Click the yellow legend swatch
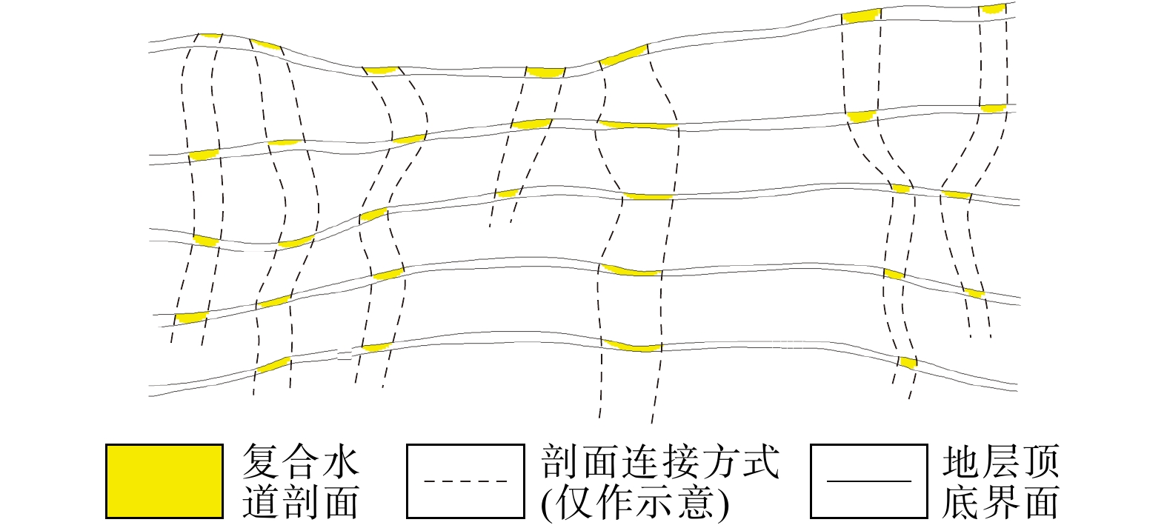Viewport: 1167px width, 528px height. (164, 481)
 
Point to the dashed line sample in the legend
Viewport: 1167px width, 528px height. (466, 481)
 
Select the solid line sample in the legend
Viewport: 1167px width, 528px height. (869, 481)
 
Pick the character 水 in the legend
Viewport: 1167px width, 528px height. (342, 461)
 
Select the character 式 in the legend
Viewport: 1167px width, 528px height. (761, 461)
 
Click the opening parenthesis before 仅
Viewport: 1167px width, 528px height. (548, 504)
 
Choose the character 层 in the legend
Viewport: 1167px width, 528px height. (1001, 461)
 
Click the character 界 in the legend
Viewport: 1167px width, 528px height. (1001, 501)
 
